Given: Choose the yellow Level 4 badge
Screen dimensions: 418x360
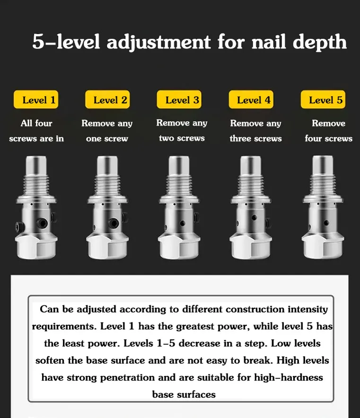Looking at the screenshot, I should [254, 100].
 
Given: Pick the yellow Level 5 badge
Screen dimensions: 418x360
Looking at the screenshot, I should [325, 100].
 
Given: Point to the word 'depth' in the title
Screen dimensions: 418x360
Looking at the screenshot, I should [320, 43].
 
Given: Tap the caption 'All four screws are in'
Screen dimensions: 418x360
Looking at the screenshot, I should [36, 131].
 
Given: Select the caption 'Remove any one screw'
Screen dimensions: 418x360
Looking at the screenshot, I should [107, 131].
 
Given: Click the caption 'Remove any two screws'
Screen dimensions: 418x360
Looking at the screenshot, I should [182, 131].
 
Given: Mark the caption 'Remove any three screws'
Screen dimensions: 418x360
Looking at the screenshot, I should [255, 131].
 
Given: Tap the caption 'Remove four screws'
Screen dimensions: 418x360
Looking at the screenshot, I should [328, 131].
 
